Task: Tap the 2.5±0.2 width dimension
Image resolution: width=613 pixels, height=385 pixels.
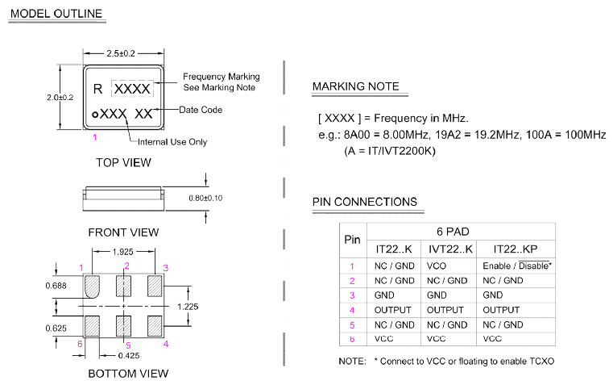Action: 122,53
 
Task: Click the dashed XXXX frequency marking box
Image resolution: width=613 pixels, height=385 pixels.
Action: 131,87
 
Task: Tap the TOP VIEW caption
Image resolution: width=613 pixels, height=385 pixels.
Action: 123,163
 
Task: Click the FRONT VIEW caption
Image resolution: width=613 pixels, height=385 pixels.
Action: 123,232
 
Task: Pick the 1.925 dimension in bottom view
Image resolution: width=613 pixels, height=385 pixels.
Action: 122,253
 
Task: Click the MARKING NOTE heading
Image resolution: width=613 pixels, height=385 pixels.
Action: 355,86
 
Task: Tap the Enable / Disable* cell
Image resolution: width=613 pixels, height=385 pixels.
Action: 516,266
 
